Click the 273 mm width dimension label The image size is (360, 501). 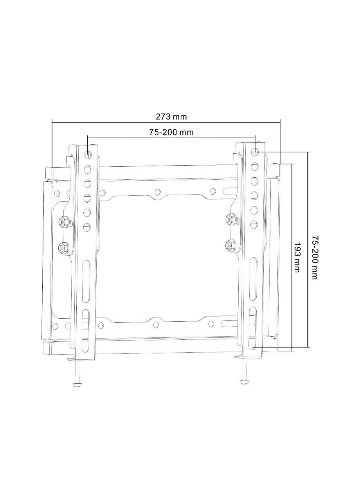tap(171, 116)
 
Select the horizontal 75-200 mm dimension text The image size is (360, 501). tap(171, 132)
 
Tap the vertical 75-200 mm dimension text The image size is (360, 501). tap(314, 257)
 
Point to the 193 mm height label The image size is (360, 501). tap(297, 257)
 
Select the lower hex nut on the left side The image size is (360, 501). tap(63, 247)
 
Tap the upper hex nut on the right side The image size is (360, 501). tap(230, 218)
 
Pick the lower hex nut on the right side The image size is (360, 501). tap(230, 244)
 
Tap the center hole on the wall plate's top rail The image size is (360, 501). tap(157, 192)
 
